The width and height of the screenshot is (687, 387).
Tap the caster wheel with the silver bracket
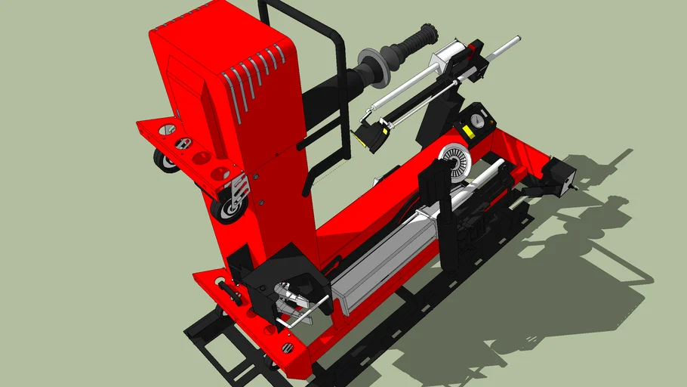(x=228, y=204)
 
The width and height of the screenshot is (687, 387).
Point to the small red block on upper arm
(x=473, y=50)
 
